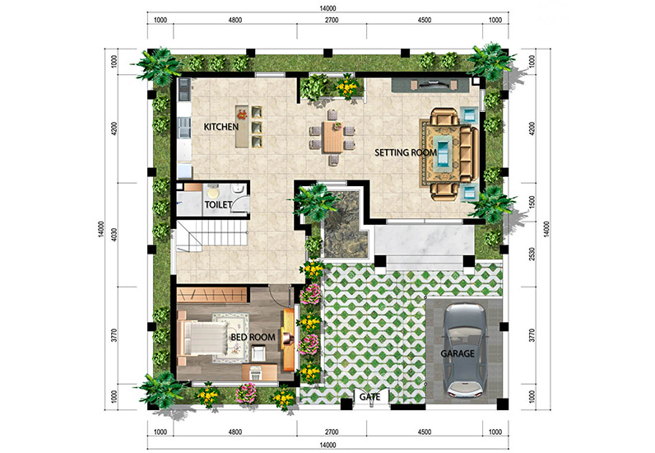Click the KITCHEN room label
coord(221,127)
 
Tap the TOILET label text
coord(218,204)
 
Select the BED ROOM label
coord(253,337)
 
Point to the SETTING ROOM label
coord(405,152)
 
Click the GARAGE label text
coord(458,353)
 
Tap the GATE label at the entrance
coord(370,396)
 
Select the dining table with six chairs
coord(332,138)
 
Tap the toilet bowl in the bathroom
coord(212,193)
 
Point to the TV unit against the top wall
coord(430,86)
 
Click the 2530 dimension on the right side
coord(532,254)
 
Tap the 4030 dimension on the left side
coord(114,236)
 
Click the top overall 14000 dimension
coord(328,8)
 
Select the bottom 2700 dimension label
coord(332,432)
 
